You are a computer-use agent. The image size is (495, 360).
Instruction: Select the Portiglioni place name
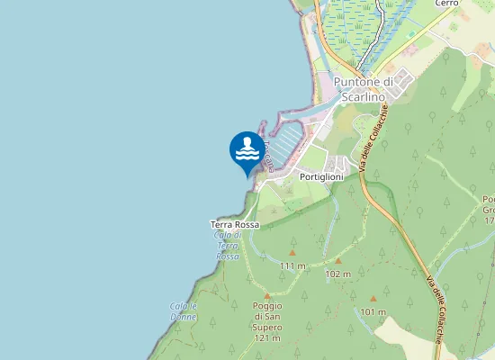pyautogui.click(x=321, y=178)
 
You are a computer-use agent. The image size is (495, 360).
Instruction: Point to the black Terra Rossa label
pyautogui.click(x=234, y=224)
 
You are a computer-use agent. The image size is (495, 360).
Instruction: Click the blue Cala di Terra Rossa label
pyautogui.click(x=228, y=246)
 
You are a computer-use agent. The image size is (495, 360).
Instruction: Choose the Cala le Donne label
pyautogui.click(x=183, y=311)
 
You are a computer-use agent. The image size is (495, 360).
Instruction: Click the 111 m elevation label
pyautogui.click(x=292, y=266)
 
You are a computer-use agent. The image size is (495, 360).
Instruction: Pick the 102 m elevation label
pyautogui.click(x=337, y=274)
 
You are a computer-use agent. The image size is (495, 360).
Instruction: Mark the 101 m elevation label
pyautogui.click(x=373, y=312)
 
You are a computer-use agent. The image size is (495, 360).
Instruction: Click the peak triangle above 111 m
pyautogui.click(x=292, y=253)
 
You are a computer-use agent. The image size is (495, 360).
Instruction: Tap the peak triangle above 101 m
pyautogui.click(x=373, y=299)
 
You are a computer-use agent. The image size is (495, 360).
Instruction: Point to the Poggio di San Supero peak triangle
pyautogui.click(x=267, y=294)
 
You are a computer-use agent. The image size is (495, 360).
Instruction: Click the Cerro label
pyautogui.click(x=446, y=4)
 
